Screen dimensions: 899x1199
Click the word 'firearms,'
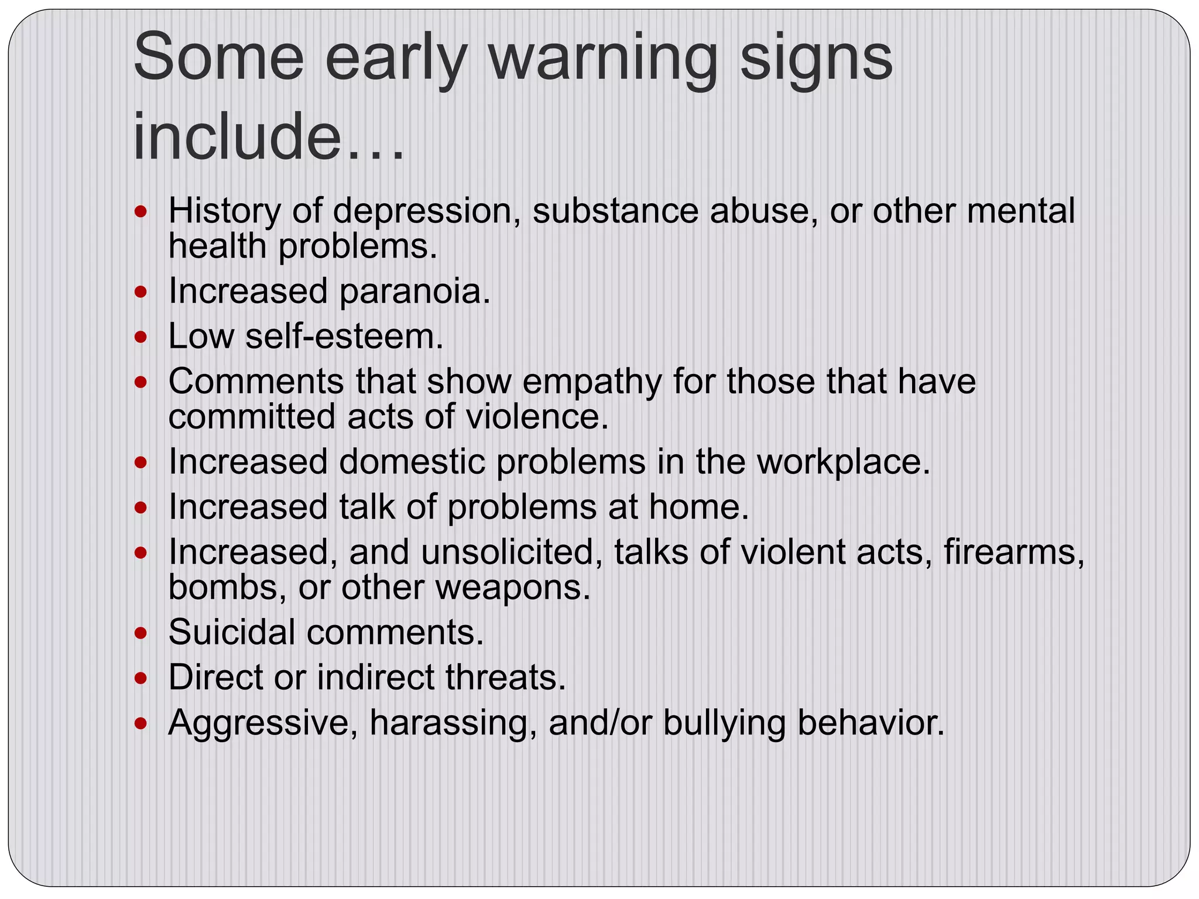pos(1013,553)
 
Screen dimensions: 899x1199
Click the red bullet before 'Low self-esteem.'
pos(141,338)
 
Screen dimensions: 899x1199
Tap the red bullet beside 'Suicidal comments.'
pos(141,633)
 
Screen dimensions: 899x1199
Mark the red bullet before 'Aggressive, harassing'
pos(141,724)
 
